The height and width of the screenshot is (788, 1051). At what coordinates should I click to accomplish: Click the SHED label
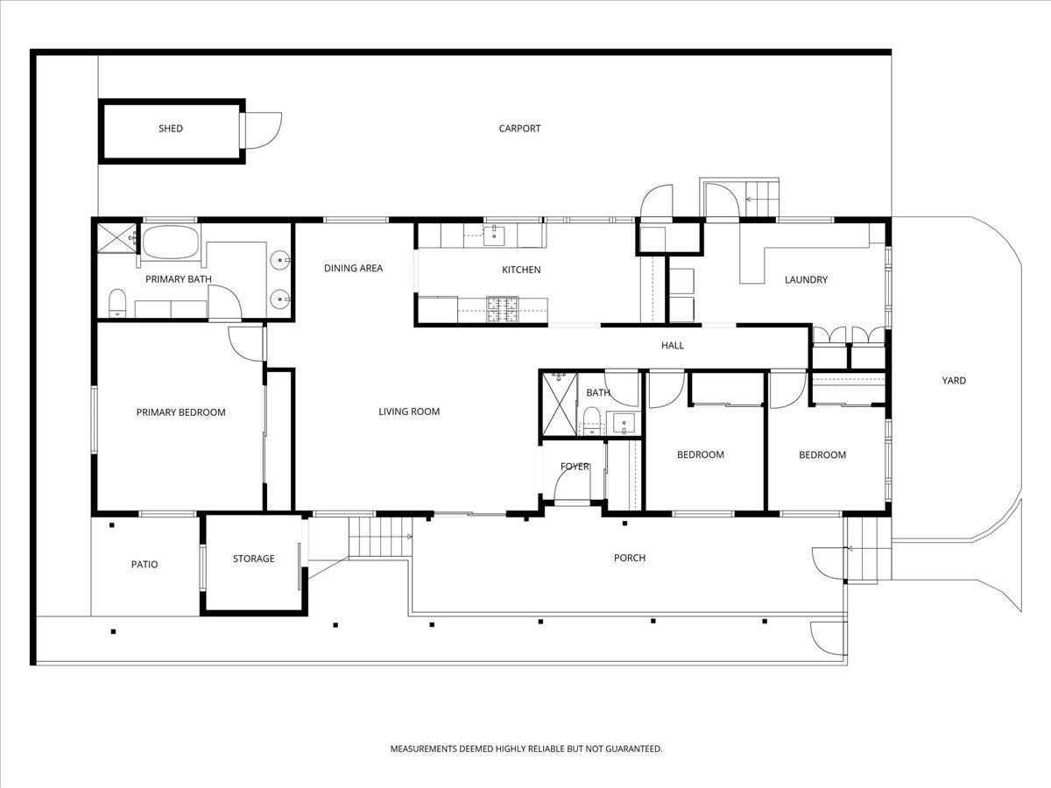[171, 129]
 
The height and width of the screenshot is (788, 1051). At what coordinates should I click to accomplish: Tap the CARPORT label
[519, 129]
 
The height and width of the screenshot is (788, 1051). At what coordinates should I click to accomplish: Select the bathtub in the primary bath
[171, 243]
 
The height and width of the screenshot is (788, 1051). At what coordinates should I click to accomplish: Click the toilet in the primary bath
[117, 304]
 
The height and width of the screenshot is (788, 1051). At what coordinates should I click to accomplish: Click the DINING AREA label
[353, 269]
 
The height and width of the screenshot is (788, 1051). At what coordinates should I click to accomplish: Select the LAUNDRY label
[806, 280]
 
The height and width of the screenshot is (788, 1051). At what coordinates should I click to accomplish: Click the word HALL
[673, 346]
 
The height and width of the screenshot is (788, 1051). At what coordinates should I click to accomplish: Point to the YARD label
[954, 381]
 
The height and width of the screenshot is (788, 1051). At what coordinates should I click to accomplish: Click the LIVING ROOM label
[409, 412]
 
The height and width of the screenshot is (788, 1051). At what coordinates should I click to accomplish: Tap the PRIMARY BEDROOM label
[180, 412]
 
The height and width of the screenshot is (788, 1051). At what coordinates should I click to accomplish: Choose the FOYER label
[575, 467]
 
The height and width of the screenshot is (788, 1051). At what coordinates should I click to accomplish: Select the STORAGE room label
[253, 559]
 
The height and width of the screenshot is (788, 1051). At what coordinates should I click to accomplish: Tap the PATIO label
[145, 565]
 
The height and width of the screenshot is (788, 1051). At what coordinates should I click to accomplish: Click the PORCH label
[630, 558]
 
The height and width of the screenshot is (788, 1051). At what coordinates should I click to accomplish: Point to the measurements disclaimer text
[525, 749]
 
